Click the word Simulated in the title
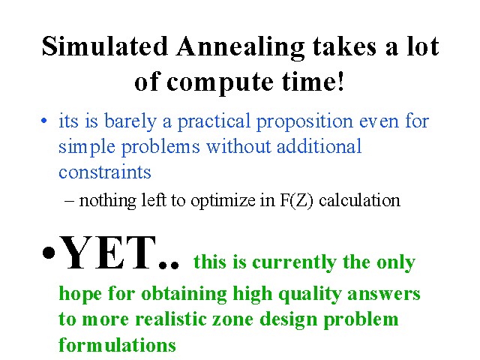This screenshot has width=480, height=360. [105, 46]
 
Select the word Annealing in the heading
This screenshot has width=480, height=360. [241, 48]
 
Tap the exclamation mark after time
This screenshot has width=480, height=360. [341, 81]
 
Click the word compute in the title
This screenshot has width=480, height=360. [220, 83]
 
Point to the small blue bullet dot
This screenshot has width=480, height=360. [44, 121]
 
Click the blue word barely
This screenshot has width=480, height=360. [130, 121]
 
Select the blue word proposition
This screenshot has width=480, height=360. [304, 122]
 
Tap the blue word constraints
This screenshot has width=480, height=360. [105, 172]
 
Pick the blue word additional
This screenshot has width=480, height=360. [319, 146]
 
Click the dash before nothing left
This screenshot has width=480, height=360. [69, 201]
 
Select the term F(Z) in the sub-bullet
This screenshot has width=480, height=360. [297, 201]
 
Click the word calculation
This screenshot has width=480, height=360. [360, 200]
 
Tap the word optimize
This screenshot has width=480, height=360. [223, 202]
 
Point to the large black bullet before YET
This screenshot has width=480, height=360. [49, 253]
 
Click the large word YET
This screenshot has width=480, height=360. [107, 253]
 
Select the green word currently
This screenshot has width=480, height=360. [294, 263]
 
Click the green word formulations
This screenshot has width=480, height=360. [117, 344]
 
